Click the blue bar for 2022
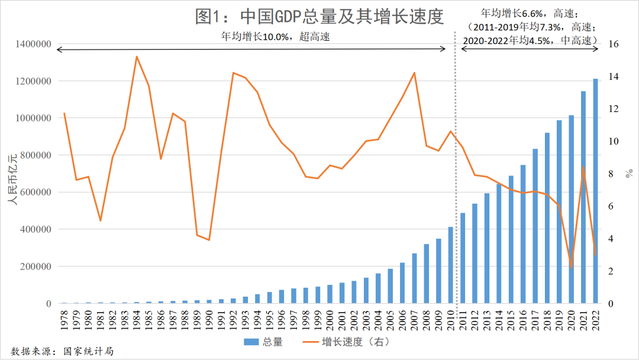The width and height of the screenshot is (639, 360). [x=596, y=191]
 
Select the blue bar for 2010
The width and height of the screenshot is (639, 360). [x=450, y=265]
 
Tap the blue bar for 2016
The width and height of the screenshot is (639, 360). [x=523, y=234]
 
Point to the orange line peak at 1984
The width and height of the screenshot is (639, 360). [x=137, y=57]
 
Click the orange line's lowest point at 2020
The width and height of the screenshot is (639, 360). [x=572, y=268]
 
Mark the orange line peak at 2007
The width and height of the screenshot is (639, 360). [x=414, y=73]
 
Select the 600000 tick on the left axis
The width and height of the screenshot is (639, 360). [x=33, y=192]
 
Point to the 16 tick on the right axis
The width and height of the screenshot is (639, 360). [x=614, y=44]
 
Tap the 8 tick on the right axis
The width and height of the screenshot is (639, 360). [x=611, y=174]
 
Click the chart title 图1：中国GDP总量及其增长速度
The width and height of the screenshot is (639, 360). [x=319, y=17]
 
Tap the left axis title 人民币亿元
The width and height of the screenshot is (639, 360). [x=11, y=178]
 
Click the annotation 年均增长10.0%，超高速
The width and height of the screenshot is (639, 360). [x=275, y=37]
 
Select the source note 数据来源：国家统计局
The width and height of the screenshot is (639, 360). [x=62, y=351]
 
